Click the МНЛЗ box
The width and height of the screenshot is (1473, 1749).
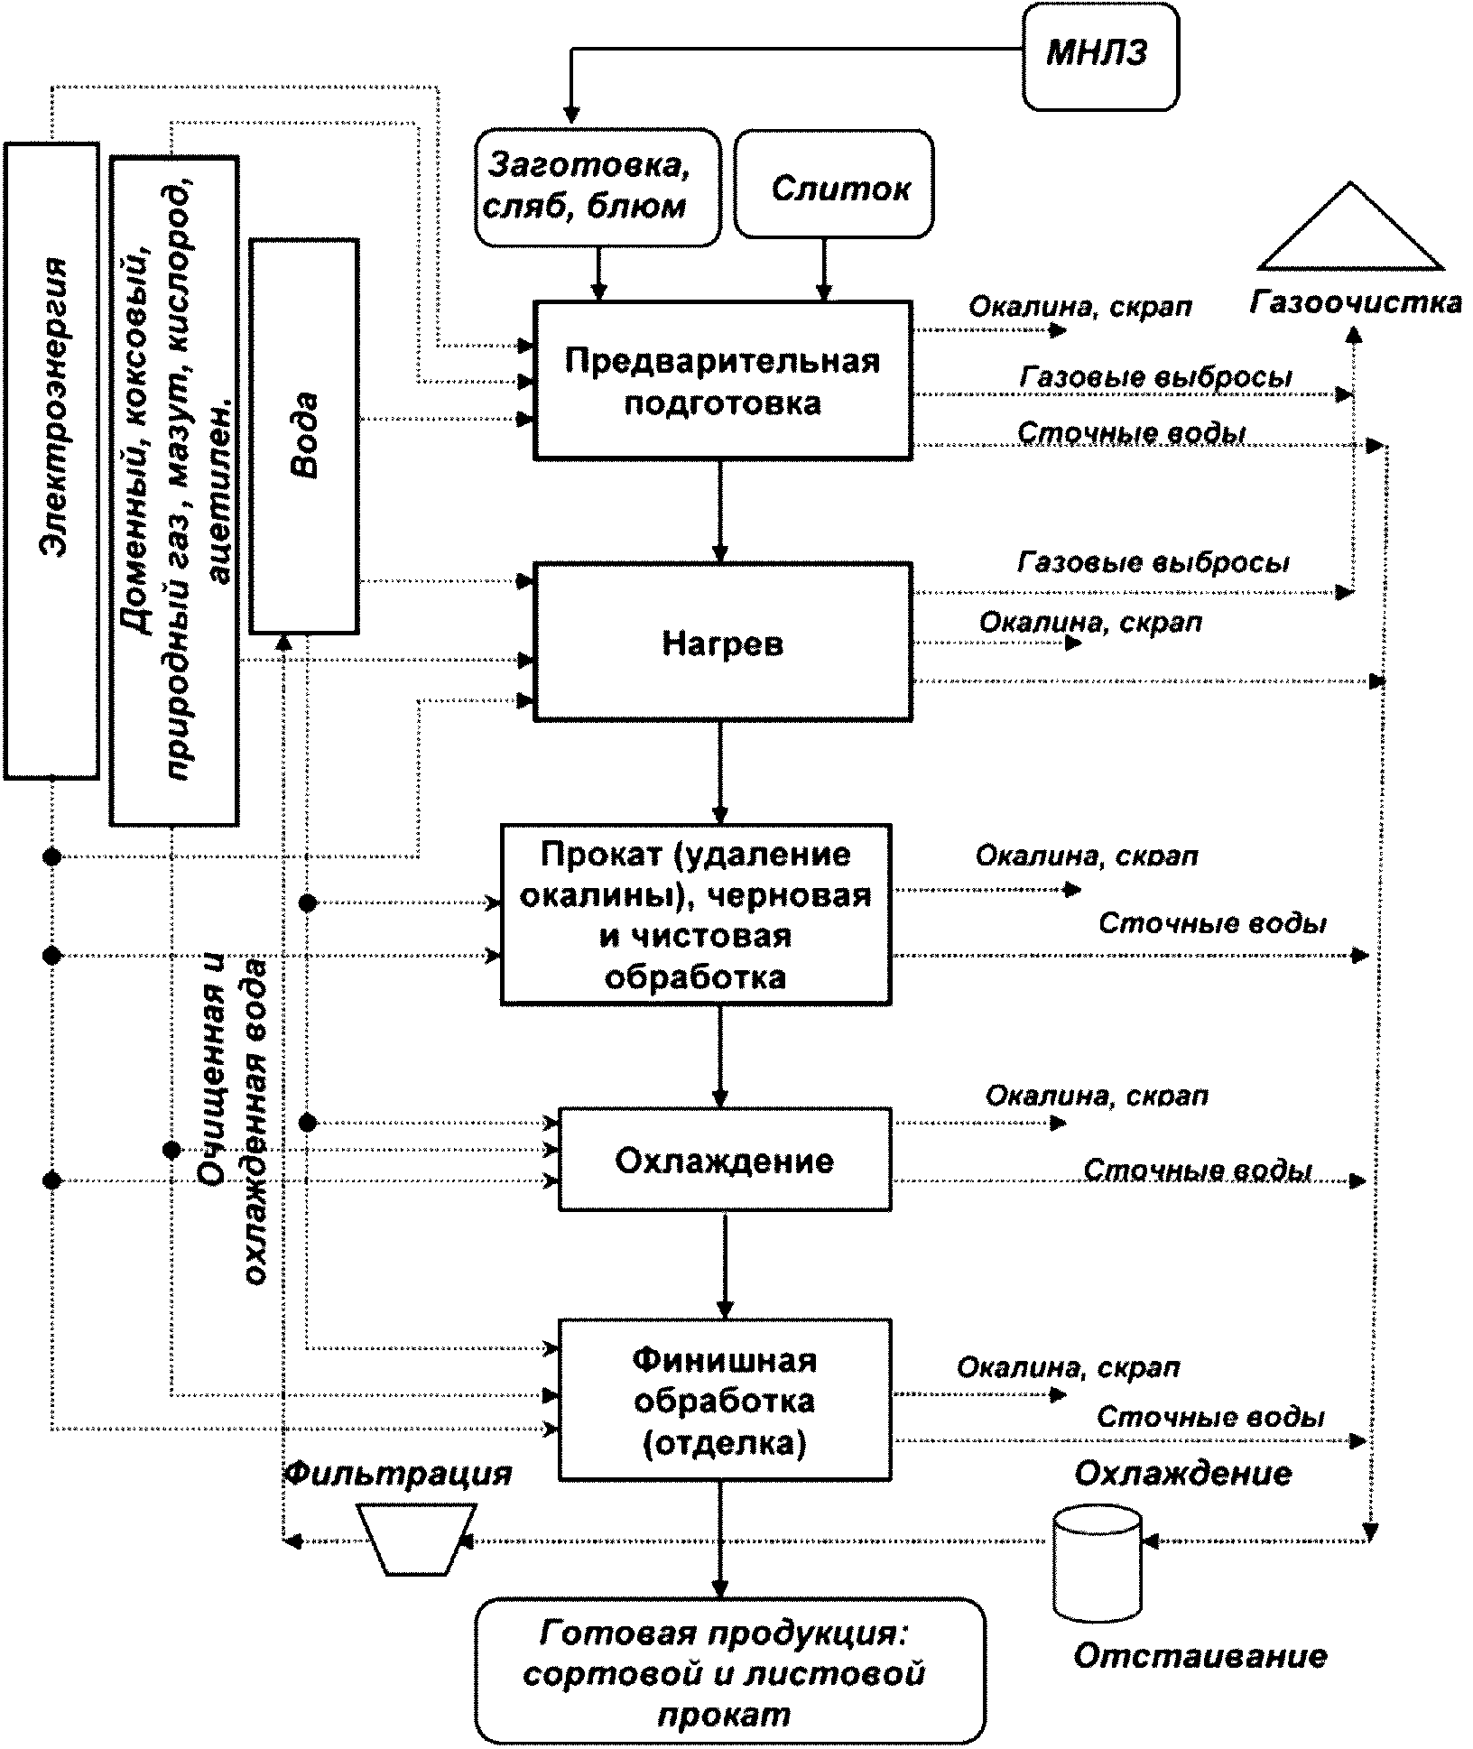(1099, 56)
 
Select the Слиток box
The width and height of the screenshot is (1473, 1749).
(834, 184)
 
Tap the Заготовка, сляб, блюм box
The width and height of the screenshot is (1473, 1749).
(598, 188)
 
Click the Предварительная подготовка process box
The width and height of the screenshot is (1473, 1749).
(722, 381)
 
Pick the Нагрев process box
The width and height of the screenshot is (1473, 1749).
(722, 642)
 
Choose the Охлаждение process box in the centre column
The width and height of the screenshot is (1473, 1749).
(725, 1160)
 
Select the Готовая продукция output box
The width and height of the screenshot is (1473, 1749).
(730, 1670)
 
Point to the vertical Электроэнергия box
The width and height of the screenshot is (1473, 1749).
(51, 460)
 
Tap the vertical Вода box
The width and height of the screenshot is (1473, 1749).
(304, 436)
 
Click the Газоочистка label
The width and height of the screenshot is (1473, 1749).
(1356, 302)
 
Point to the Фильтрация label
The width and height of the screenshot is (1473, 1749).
(398, 1475)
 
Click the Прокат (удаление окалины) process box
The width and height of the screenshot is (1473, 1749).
(696, 914)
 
